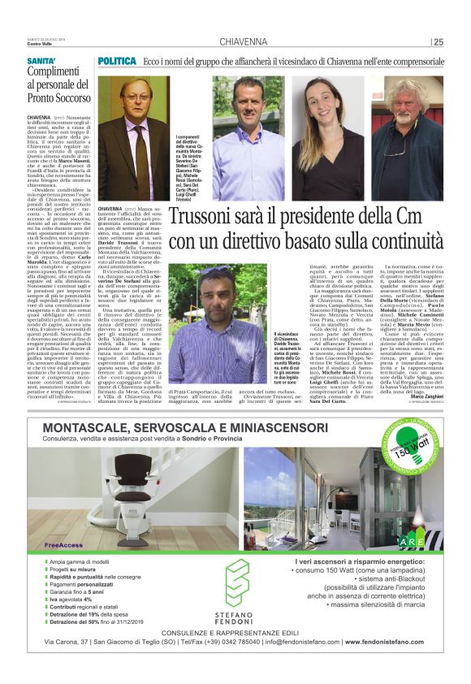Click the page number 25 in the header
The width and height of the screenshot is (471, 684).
439,42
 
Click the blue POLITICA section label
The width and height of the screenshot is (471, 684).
118,62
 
